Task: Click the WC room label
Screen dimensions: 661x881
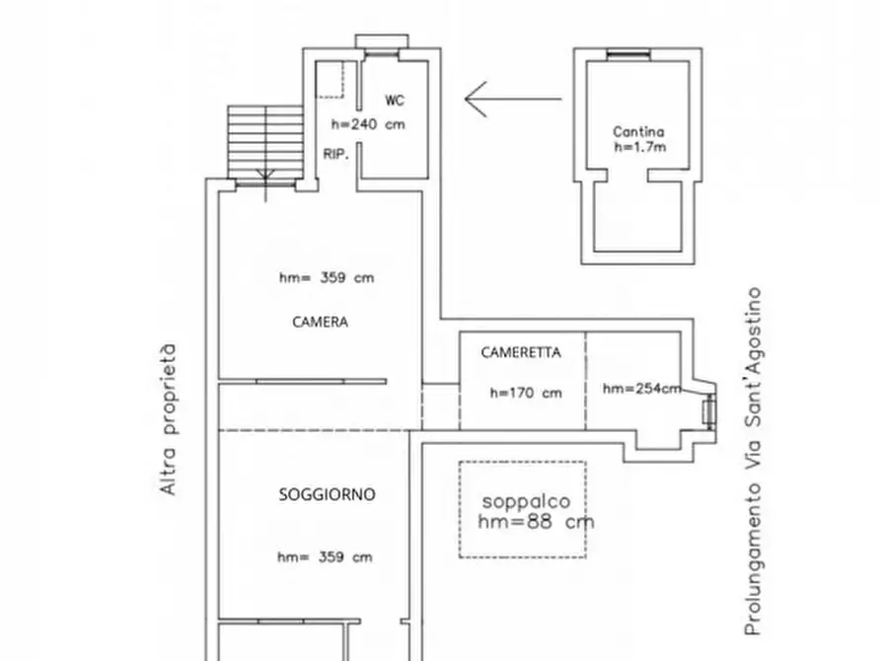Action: coord(394,101)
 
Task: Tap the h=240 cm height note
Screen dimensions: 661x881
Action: coord(368,124)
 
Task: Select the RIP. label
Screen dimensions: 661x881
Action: coord(334,154)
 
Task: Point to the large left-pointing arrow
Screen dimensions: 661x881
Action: coord(512,99)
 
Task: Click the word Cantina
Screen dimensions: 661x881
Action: coord(637,131)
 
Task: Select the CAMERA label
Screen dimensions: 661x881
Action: coord(320,322)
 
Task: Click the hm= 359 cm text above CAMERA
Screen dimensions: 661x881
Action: coord(327,278)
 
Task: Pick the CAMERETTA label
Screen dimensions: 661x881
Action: coord(521,352)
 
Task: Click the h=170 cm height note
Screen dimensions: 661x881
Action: coord(525,393)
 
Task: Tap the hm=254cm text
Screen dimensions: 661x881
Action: coord(641,389)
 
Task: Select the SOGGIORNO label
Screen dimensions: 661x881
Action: coord(327,495)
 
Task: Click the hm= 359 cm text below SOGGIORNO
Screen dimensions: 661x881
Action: coord(325,557)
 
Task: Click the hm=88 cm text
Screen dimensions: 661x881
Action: coord(535,523)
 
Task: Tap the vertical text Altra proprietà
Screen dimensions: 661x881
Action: coord(169,419)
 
